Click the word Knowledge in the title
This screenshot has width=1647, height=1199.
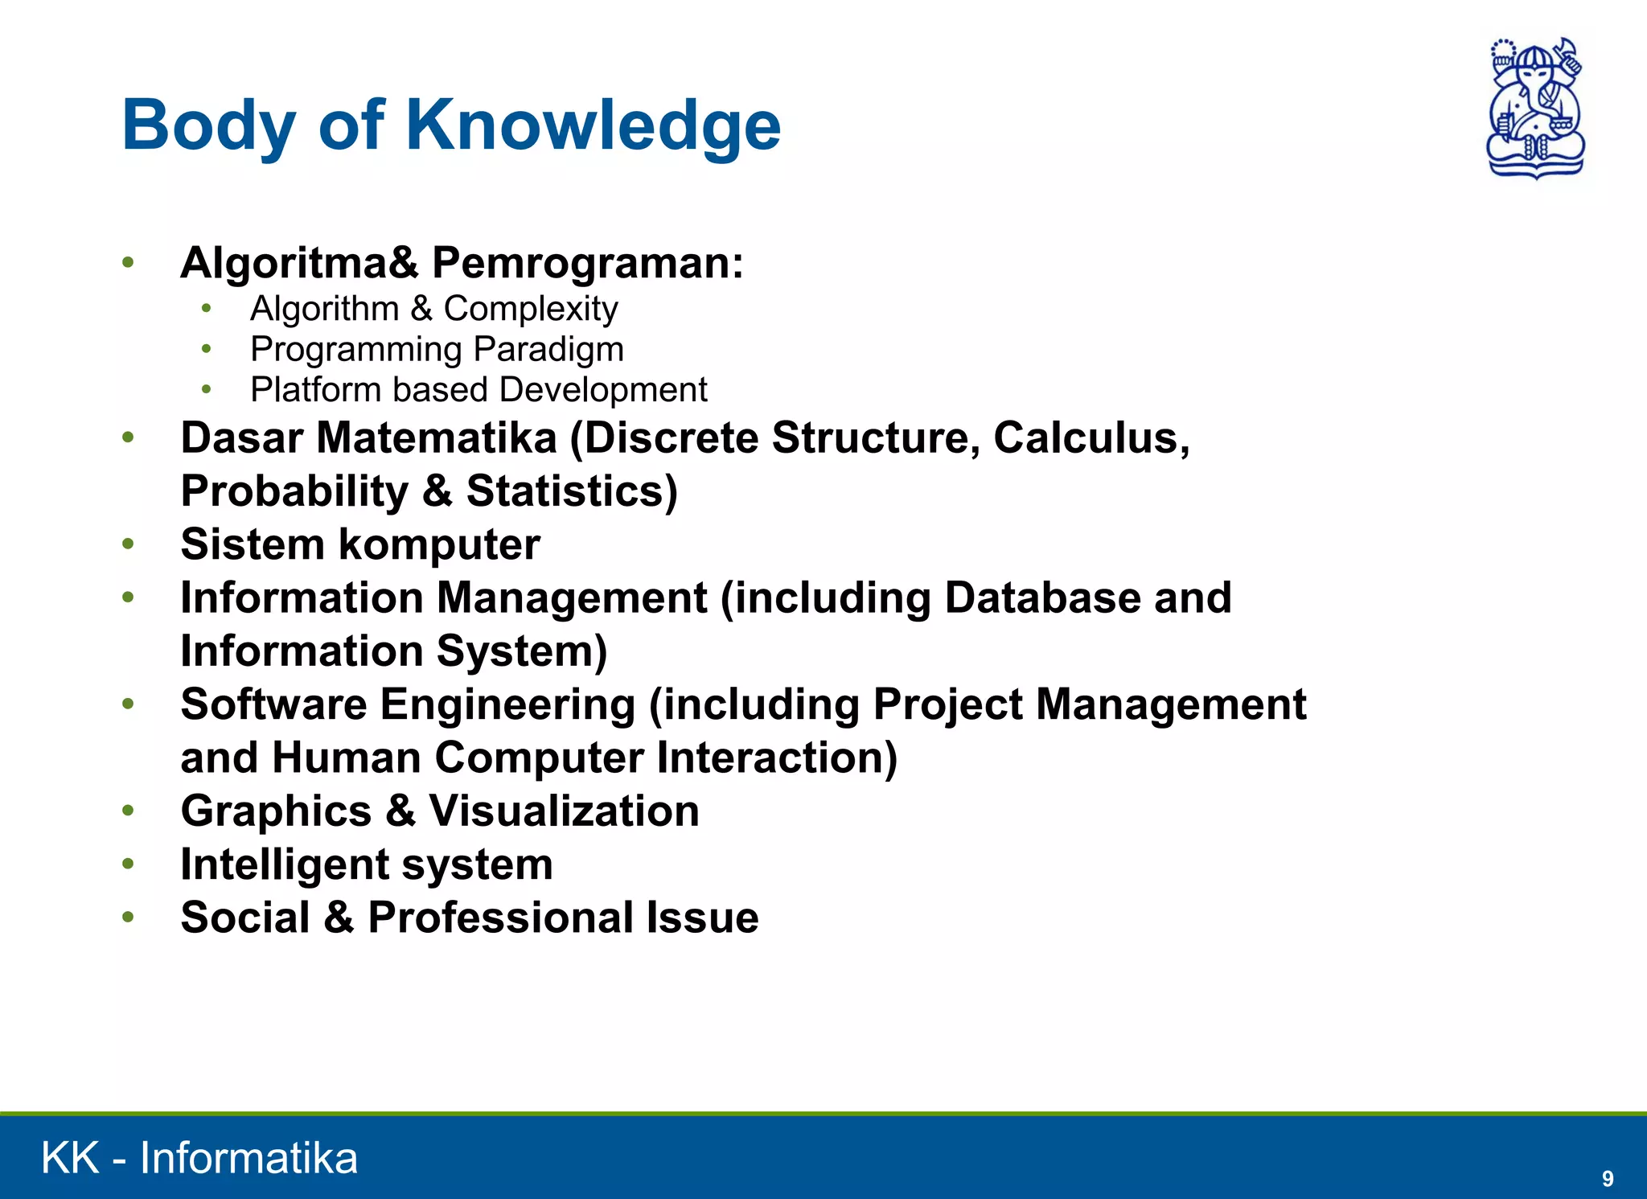pos(593,125)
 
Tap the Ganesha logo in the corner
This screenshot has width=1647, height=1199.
pos(1535,108)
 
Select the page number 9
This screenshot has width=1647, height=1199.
pos(1607,1178)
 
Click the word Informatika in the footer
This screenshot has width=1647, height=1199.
pos(248,1158)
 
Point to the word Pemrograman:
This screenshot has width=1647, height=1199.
pos(588,264)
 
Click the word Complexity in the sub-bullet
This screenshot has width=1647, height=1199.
pos(531,309)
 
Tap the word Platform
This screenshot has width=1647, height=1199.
pos(314,390)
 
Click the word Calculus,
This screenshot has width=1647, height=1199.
pos(1091,438)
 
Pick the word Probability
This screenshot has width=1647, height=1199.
pos(294,491)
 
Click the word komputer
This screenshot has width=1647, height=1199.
pos(439,545)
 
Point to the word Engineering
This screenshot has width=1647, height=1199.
pos(507,705)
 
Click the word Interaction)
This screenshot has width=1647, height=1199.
pos(777,758)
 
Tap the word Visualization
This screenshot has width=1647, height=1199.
pos(564,811)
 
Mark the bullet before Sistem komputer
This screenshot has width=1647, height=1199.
pos(128,544)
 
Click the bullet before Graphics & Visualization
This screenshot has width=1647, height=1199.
pos(128,811)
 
